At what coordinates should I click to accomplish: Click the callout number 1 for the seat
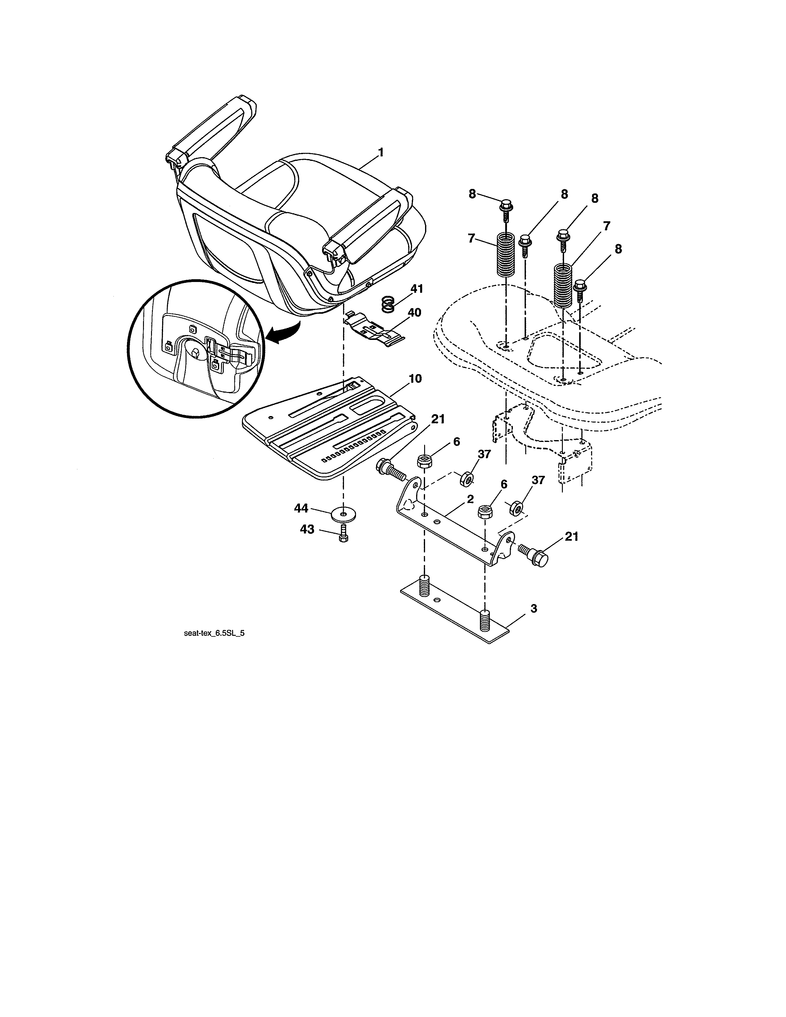coord(381,152)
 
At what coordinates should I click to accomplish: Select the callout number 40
coord(414,312)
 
